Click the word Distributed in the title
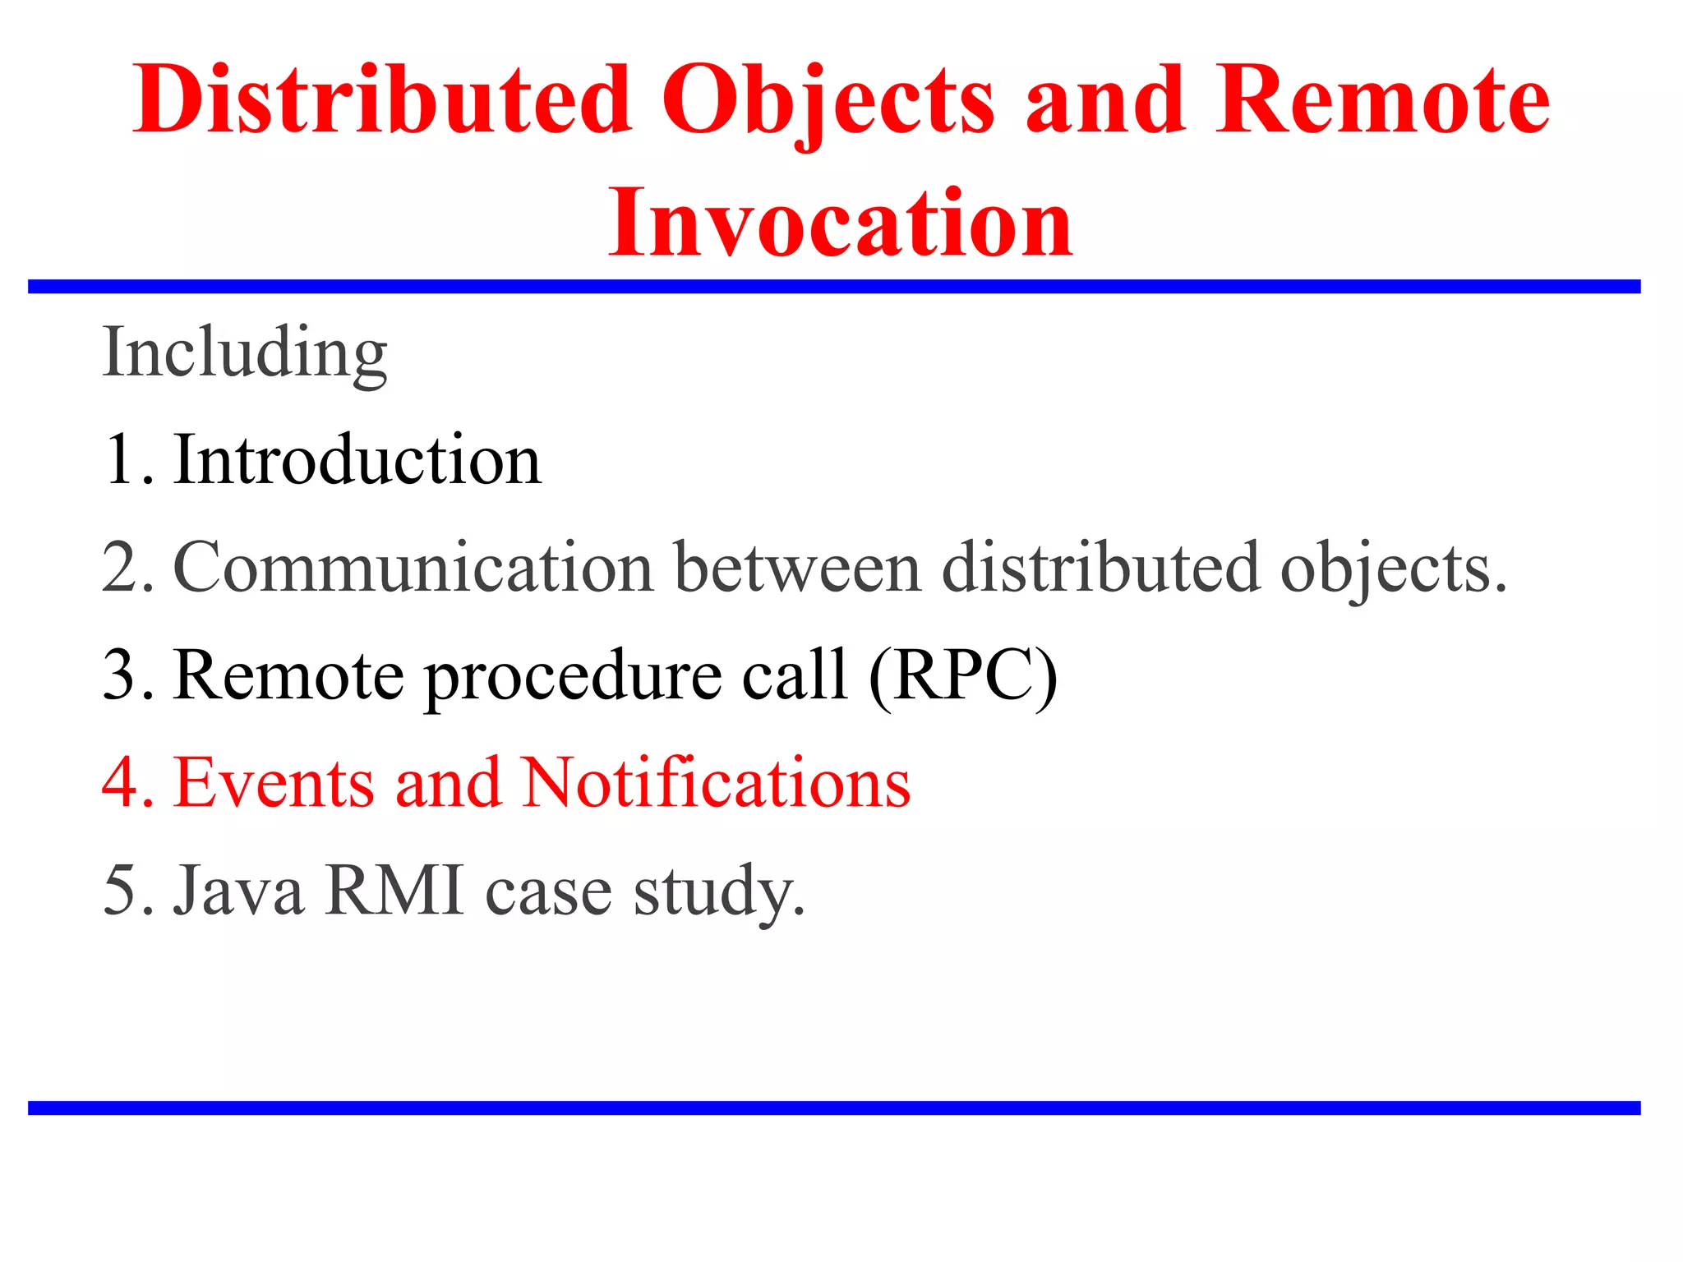pos(382,100)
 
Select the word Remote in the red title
pos(1383,100)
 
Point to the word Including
pos(245,353)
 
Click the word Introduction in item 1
pos(357,460)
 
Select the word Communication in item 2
pos(413,568)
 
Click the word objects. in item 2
pos(1394,569)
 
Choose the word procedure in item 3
pos(572,676)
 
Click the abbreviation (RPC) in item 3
pos(962,676)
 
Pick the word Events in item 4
pos(274,783)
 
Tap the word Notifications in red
pos(716,783)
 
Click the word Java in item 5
pos(238,891)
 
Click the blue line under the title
pos(834,286)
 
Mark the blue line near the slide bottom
pos(834,1108)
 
